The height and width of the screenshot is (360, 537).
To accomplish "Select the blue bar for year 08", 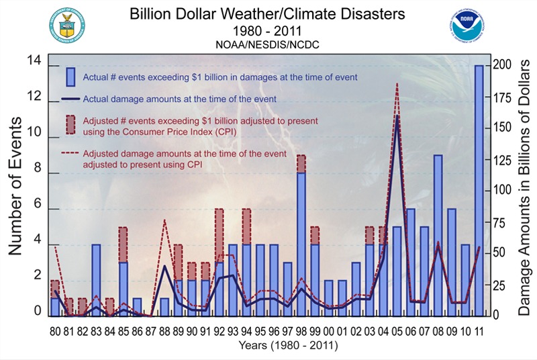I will coord(438,235).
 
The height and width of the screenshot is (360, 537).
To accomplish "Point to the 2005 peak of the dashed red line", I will coord(397,85).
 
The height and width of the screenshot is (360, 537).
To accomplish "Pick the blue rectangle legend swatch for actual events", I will coord(70,77).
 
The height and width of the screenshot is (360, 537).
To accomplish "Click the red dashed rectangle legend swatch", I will coord(70,124).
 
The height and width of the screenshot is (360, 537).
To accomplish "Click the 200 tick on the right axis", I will coord(503,64).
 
